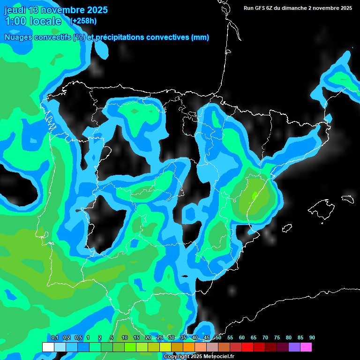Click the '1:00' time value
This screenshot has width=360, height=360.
pyautogui.click(x=15, y=21)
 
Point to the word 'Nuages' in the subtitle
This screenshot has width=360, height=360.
pyautogui.click(x=19, y=37)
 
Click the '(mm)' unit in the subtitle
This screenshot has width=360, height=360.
pyautogui.click(x=200, y=37)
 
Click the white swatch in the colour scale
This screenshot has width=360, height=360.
pyautogui.click(x=48, y=347)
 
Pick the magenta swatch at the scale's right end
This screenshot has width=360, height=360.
pyautogui.click(x=306, y=347)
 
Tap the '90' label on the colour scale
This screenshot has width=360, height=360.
pyautogui.click(x=312, y=337)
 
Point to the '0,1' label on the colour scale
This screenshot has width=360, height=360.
pyautogui.click(x=54, y=337)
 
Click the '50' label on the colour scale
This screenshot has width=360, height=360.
pyautogui.click(x=218, y=337)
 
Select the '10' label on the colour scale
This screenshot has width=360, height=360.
pyautogui.click(x=125, y=337)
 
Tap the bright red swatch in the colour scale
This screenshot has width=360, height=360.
pyautogui.click(x=247, y=347)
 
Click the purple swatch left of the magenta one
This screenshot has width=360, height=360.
pyautogui.click(x=294, y=347)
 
